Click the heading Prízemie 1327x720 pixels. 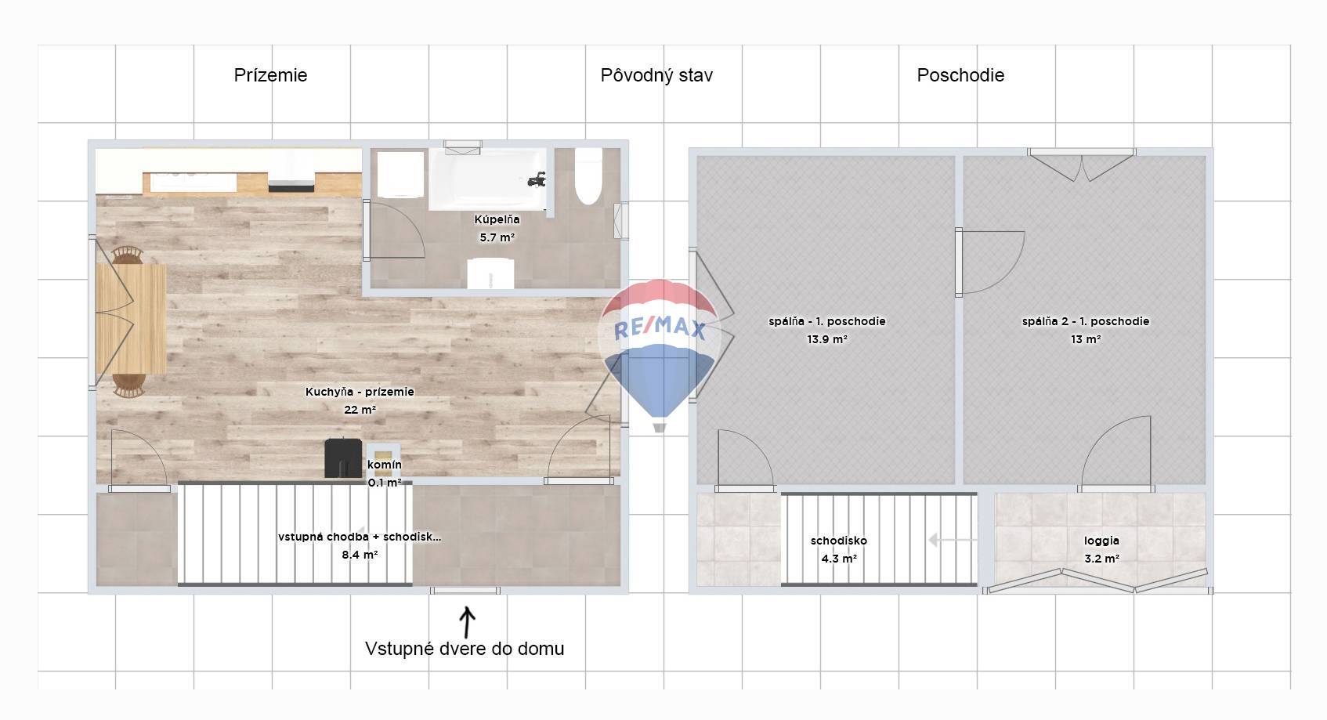tap(270, 75)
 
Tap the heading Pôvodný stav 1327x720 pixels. tap(656, 75)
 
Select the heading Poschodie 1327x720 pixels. tap(960, 75)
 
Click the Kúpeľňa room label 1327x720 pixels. tap(497, 219)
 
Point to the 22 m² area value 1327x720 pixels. tap(360, 410)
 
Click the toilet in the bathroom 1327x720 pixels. tap(588, 176)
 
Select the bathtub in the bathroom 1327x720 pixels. tap(487, 179)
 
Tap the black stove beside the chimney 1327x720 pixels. tap(343, 458)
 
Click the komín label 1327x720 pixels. tap(385, 465)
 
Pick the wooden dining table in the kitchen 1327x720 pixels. tap(131, 319)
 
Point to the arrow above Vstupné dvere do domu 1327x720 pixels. tap(467, 621)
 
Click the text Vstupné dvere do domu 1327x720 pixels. tap(465, 648)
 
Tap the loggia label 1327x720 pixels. tap(1101, 541)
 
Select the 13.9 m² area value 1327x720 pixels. tap(827, 339)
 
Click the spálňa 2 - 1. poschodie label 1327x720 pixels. tap(1085, 321)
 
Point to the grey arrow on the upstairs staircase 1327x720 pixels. tap(952, 540)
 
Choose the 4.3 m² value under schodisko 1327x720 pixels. tap(839, 559)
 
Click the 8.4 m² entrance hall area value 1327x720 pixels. tap(360, 555)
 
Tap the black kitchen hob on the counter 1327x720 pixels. tap(291, 187)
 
